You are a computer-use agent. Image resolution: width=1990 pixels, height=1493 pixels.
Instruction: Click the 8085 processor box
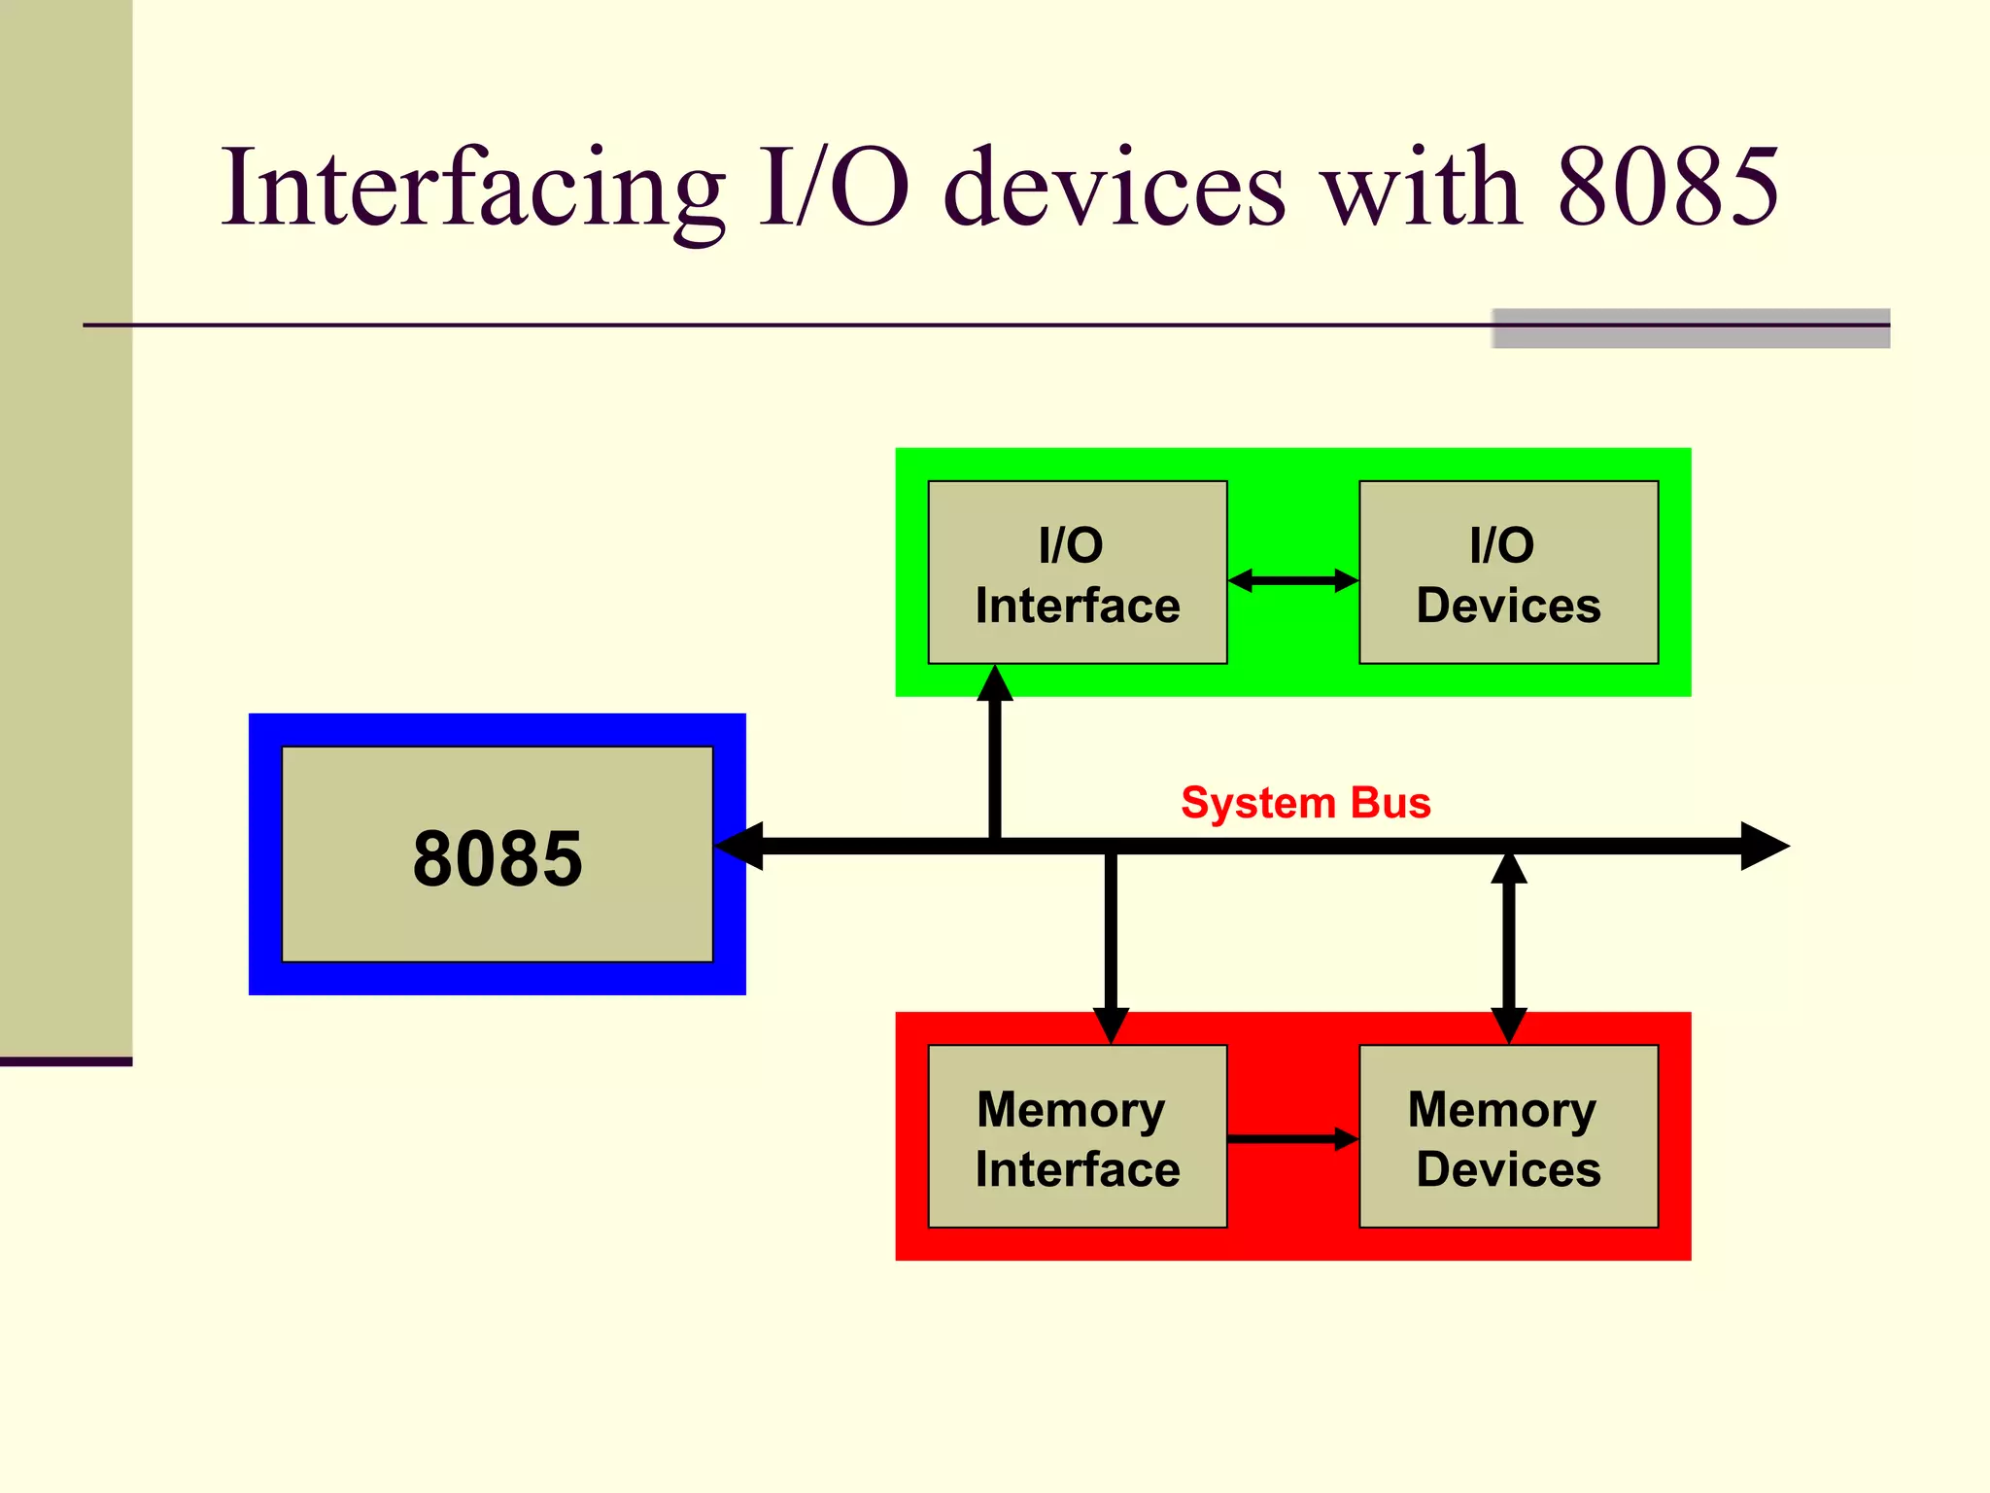click(x=497, y=855)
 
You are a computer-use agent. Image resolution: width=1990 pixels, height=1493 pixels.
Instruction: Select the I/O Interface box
click(x=1077, y=573)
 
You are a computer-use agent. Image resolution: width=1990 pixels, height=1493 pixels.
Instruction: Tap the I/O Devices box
click(x=1508, y=573)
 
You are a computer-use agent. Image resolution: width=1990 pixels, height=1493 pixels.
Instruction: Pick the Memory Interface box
click(x=1077, y=1137)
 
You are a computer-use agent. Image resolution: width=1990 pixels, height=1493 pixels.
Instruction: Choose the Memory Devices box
click(x=1508, y=1137)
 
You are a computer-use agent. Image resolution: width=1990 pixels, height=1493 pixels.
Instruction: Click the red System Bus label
click(x=1305, y=803)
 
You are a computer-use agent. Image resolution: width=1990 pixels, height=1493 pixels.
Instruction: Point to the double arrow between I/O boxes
click(x=1292, y=580)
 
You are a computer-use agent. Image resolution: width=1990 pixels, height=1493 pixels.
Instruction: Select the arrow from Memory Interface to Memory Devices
click(x=1292, y=1138)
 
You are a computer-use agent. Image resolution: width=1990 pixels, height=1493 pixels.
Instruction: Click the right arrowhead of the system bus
click(x=1764, y=846)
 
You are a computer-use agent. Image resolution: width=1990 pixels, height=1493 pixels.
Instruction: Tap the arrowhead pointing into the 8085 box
click(x=738, y=846)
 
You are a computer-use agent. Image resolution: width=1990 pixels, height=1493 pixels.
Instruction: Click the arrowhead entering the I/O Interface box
click(x=995, y=683)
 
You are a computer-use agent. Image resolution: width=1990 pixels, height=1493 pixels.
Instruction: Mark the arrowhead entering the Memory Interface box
click(x=1111, y=1025)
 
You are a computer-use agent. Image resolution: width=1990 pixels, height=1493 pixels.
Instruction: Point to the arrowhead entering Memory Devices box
click(x=1508, y=1025)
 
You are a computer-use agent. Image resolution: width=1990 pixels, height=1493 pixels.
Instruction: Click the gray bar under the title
click(x=1691, y=329)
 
